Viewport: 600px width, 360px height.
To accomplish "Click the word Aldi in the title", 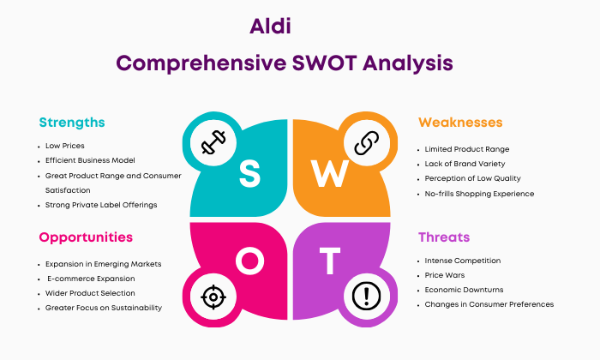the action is [x=270, y=26].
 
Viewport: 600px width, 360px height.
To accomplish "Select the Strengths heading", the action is [x=72, y=123].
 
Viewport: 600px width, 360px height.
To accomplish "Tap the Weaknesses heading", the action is [x=460, y=123].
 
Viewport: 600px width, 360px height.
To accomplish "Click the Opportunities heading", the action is [x=86, y=237].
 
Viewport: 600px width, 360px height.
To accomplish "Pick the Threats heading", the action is [x=444, y=237].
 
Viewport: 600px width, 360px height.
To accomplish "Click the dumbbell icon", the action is [x=213, y=142].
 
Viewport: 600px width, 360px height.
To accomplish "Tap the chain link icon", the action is [x=367, y=142].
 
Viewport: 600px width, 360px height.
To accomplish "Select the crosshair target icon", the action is [x=213, y=297].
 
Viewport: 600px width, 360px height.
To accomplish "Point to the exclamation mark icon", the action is [x=366, y=296].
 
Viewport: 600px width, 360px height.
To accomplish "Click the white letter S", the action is [x=249, y=173].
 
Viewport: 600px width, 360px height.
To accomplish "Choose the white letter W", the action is [x=329, y=173].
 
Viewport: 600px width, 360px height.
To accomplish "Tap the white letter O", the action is [x=249, y=261].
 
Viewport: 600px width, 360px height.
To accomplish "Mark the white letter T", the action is [x=330, y=261].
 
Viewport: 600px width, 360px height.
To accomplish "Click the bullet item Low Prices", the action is [x=64, y=146].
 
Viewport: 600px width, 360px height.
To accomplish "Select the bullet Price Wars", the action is [x=445, y=275].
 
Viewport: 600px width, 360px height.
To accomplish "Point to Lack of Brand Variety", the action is [x=465, y=164].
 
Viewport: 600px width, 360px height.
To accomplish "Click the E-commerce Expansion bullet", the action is [x=91, y=279].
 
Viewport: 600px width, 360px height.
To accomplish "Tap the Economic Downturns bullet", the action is [x=464, y=290].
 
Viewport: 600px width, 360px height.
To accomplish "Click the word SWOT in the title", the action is [x=325, y=63].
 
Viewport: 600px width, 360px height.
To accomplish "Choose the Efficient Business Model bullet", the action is [x=90, y=160].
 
